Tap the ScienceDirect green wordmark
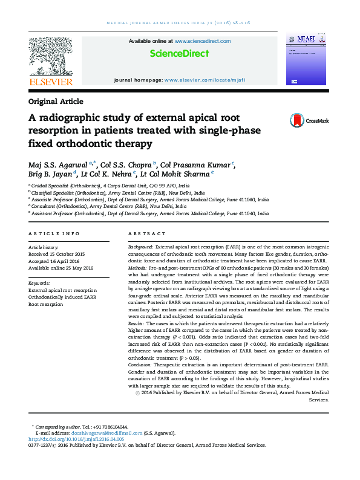click(180, 54)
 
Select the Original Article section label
click(56, 102)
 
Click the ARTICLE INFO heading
click(54, 233)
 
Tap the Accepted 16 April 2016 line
click(54, 261)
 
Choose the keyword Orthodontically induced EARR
click(62, 297)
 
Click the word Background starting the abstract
click(140, 248)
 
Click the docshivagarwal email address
click(101, 433)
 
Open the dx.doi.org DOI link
click(74, 439)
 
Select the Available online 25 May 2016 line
click(61, 268)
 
